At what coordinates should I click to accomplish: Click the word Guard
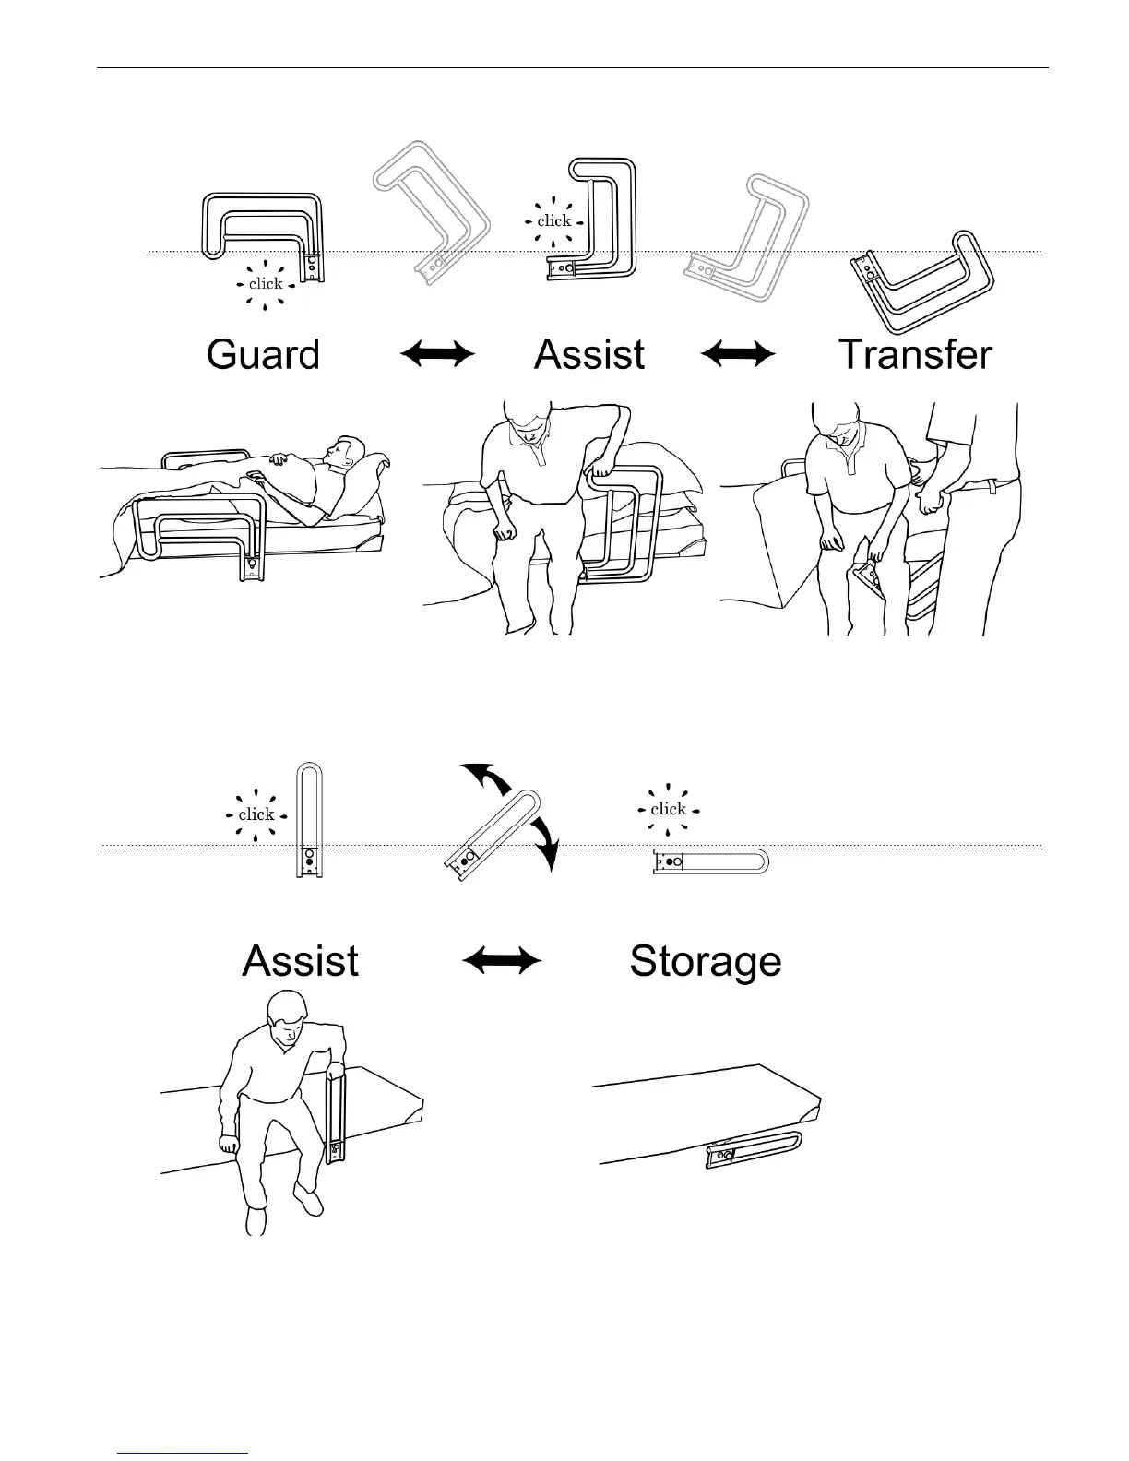pyautogui.click(x=263, y=355)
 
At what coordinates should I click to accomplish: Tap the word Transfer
pyautogui.click(x=915, y=355)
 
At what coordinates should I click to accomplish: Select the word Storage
pyautogui.click(x=706, y=962)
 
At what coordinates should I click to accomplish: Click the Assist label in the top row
pyautogui.click(x=589, y=355)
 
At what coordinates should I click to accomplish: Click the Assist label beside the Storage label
pyautogui.click(x=300, y=962)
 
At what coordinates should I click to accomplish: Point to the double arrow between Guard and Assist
pyautogui.click(x=437, y=354)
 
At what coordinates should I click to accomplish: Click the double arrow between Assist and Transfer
pyautogui.click(x=738, y=354)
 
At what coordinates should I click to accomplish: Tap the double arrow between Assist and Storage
pyautogui.click(x=501, y=962)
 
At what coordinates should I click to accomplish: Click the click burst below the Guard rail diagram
pyautogui.click(x=266, y=284)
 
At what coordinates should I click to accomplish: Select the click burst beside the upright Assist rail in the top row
pyautogui.click(x=554, y=221)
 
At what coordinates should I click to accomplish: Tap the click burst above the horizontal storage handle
pyautogui.click(x=669, y=810)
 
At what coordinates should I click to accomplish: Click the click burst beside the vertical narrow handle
pyautogui.click(x=256, y=814)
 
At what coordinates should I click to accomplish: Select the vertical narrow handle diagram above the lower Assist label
pyautogui.click(x=310, y=821)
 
